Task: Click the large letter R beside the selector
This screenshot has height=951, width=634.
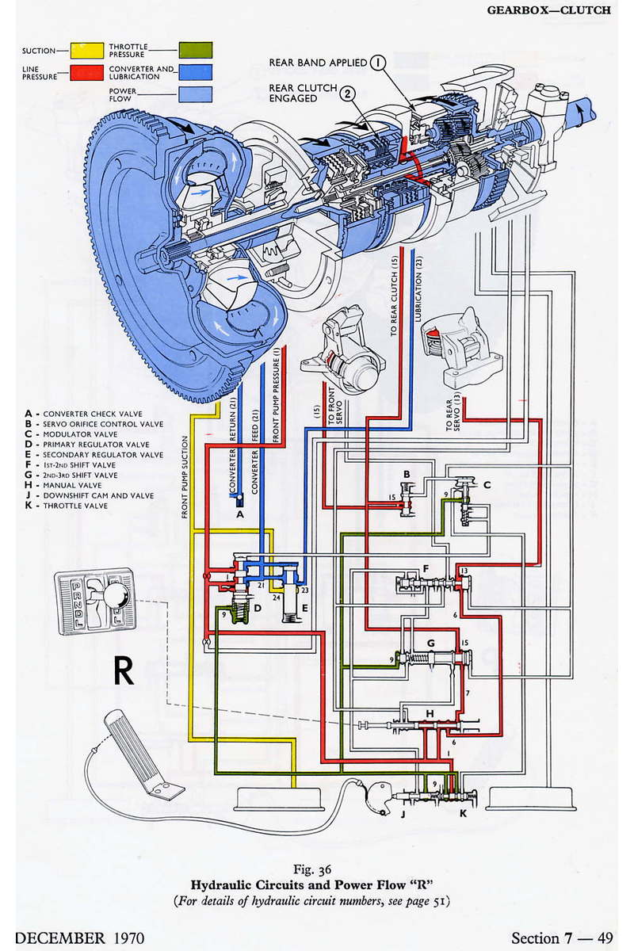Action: [124, 670]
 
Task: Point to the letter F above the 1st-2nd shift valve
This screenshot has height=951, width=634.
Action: [426, 568]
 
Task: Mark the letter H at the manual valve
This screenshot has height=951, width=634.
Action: [430, 714]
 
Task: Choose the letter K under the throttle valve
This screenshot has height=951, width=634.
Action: [464, 812]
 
